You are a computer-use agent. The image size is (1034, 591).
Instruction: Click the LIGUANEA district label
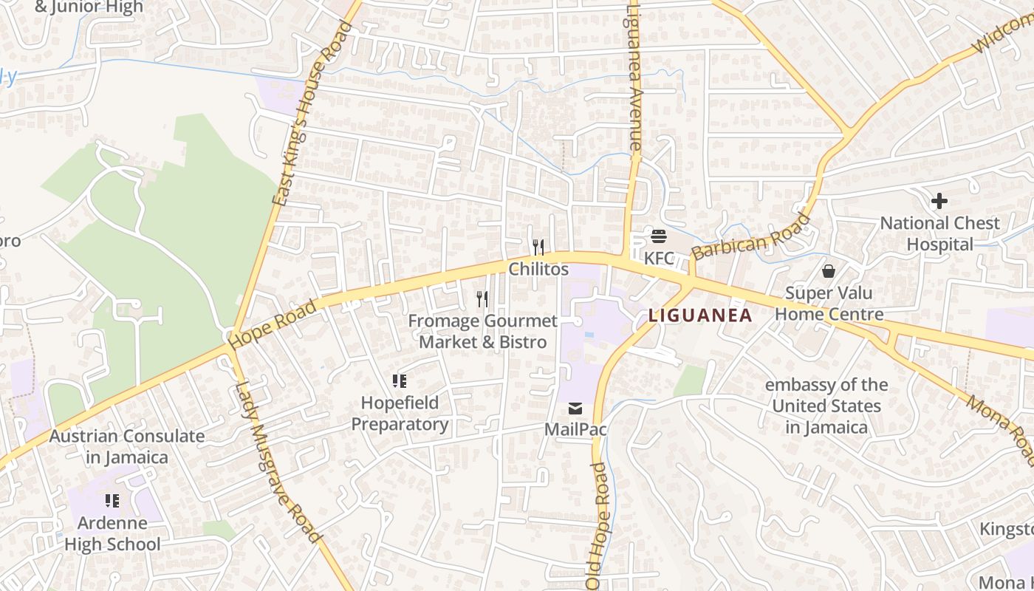pos(700,315)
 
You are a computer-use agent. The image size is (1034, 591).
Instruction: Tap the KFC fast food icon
pos(658,236)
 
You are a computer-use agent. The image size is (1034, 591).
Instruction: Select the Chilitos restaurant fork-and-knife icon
pos(538,247)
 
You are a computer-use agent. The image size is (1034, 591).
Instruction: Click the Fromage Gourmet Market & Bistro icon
pos(482,298)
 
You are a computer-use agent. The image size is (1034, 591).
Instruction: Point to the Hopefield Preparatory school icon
pos(400,381)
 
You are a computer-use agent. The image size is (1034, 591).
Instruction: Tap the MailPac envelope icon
pos(575,409)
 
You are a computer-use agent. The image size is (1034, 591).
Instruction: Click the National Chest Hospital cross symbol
pos(939,201)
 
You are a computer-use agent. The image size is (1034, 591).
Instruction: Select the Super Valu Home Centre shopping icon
pos(829,271)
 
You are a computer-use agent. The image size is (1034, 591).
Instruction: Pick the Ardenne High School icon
pos(112,501)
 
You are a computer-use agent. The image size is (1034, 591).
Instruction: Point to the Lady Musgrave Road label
pos(279,462)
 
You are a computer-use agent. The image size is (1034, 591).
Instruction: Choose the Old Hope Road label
pos(598,525)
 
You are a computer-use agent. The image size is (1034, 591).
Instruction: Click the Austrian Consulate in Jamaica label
pos(127,446)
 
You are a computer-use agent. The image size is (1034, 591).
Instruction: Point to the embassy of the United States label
pos(826,406)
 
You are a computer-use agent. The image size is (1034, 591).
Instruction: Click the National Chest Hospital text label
pos(939,233)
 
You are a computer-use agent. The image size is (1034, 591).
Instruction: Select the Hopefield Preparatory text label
pos(400,413)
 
